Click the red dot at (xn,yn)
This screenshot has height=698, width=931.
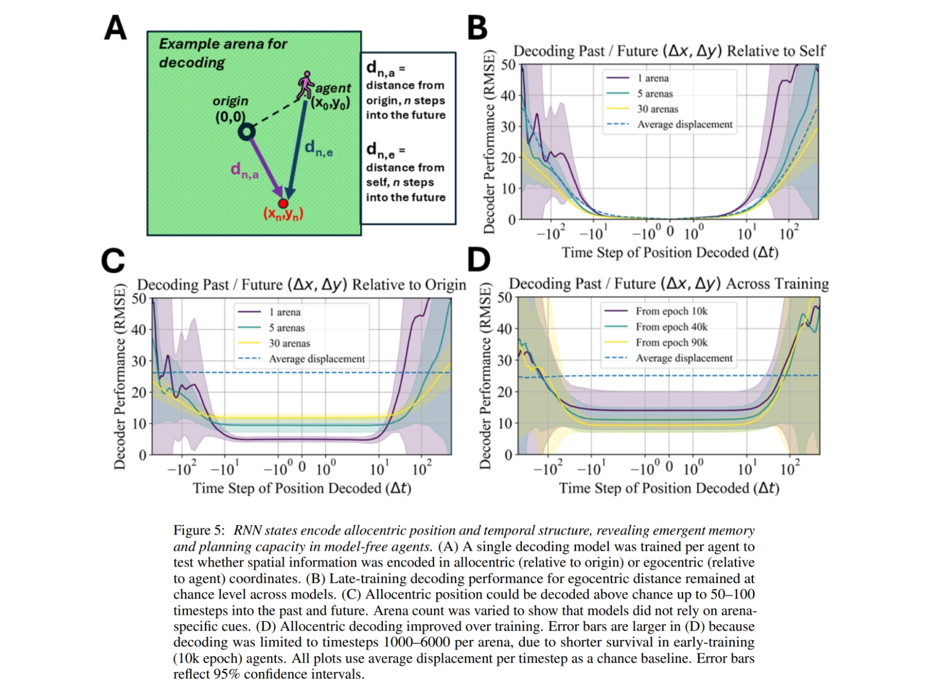283,204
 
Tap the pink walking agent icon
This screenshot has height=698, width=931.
305,85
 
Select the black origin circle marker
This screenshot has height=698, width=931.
247,133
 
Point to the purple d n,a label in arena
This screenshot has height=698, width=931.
244,170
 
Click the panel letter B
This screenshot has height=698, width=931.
477,27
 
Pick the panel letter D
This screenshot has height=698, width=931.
478,259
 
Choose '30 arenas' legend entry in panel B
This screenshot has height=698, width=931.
658,109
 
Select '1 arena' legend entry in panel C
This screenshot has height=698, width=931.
285,312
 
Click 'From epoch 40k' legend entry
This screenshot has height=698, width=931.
671,327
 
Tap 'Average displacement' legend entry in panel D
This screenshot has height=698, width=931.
684,358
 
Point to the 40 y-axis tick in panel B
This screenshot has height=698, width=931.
508,95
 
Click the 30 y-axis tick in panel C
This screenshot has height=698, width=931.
139,361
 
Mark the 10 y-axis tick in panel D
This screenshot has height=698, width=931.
505,423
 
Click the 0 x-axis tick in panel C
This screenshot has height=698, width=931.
302,467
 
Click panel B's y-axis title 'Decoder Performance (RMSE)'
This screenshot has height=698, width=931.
489,143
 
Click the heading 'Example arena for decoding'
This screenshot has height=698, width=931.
223,53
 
